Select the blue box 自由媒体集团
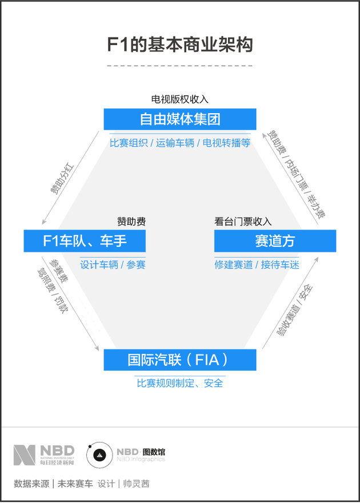point(180,119)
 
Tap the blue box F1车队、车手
point(85,241)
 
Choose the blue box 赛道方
point(275,241)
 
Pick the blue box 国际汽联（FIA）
point(180,360)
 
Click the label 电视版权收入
point(180,99)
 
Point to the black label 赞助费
point(131,222)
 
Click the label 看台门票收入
point(243,222)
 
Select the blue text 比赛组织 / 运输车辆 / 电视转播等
point(180,143)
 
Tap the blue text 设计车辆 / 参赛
point(113,265)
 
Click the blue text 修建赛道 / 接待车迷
point(257,265)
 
